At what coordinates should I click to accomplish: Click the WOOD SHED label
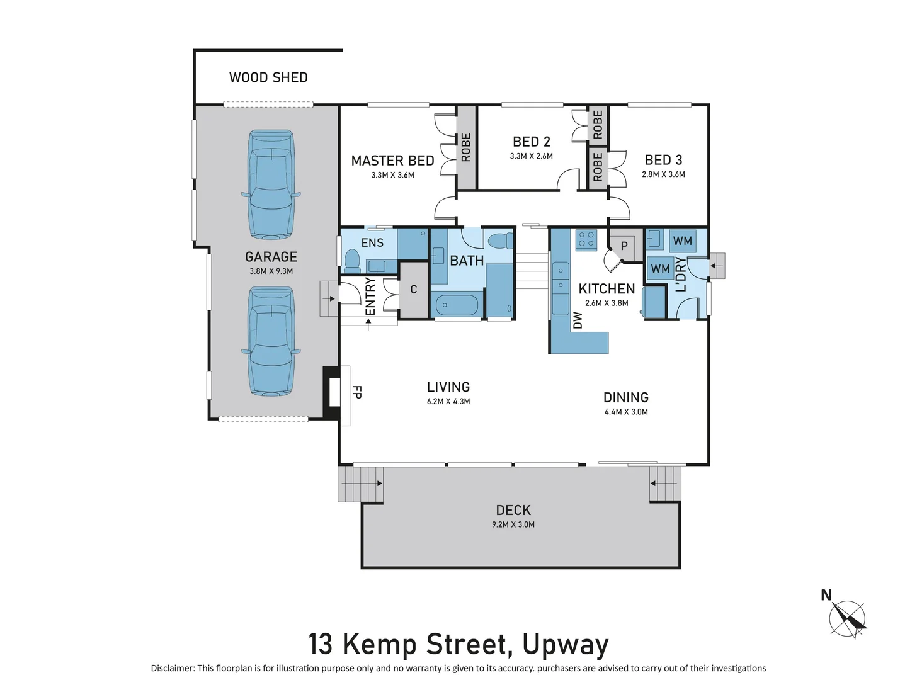coord(268,77)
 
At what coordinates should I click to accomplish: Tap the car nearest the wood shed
coord(271,184)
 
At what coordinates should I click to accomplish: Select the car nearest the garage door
coord(271,341)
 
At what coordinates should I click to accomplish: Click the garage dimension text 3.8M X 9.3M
coord(271,271)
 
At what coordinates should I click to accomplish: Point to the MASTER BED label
coord(392,161)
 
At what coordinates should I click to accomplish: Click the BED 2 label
coord(531,142)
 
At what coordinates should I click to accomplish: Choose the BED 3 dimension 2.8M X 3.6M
coord(663,174)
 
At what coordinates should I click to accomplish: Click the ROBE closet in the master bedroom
coord(466,147)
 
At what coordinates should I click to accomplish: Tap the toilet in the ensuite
coord(351,259)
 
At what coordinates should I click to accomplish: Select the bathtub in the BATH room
coord(457,305)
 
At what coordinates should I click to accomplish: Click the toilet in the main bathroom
coord(501,241)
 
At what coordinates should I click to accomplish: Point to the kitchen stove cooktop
coord(586,239)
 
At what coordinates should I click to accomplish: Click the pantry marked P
coord(624,245)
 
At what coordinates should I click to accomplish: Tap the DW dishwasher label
coord(578,320)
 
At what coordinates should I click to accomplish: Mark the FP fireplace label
coord(356,392)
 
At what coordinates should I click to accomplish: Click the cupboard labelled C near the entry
coord(414,290)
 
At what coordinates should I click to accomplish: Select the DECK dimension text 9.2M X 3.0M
coord(513,524)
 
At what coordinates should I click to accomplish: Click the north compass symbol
coord(846,618)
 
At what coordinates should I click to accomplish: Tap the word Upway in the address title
coord(565,644)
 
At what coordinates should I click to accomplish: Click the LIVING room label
coord(448,387)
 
